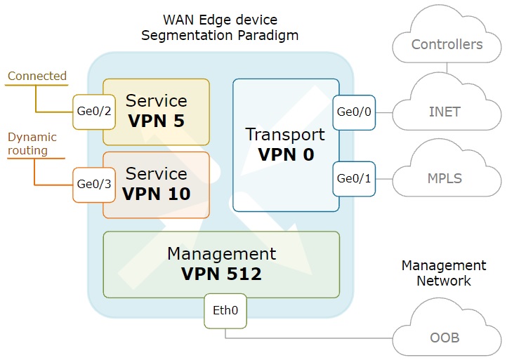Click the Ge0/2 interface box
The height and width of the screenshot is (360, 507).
pos(93,112)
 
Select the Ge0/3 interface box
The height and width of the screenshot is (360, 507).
pos(93,185)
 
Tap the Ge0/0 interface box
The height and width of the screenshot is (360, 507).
pos(354,112)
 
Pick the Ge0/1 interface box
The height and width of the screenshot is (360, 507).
pos(354,178)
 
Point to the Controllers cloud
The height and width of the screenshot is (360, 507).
pos(447,45)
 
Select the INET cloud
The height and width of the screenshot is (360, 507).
pos(445,111)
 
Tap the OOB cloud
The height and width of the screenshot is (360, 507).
pos(445,338)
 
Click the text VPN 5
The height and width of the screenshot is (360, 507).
pos(157,121)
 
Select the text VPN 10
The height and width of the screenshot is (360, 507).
pos(157,194)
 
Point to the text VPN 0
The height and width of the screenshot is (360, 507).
pos(286,154)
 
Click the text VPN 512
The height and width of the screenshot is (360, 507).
pos(221,274)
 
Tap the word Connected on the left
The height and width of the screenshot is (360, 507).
pos(37,76)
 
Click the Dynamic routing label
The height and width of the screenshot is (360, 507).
pos(32,144)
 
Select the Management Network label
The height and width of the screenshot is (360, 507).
pos(443,273)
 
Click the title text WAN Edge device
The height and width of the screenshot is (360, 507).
pos(220,20)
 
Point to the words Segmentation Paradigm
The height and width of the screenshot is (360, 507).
pos(220,35)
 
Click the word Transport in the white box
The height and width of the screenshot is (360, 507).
pos(285,135)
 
